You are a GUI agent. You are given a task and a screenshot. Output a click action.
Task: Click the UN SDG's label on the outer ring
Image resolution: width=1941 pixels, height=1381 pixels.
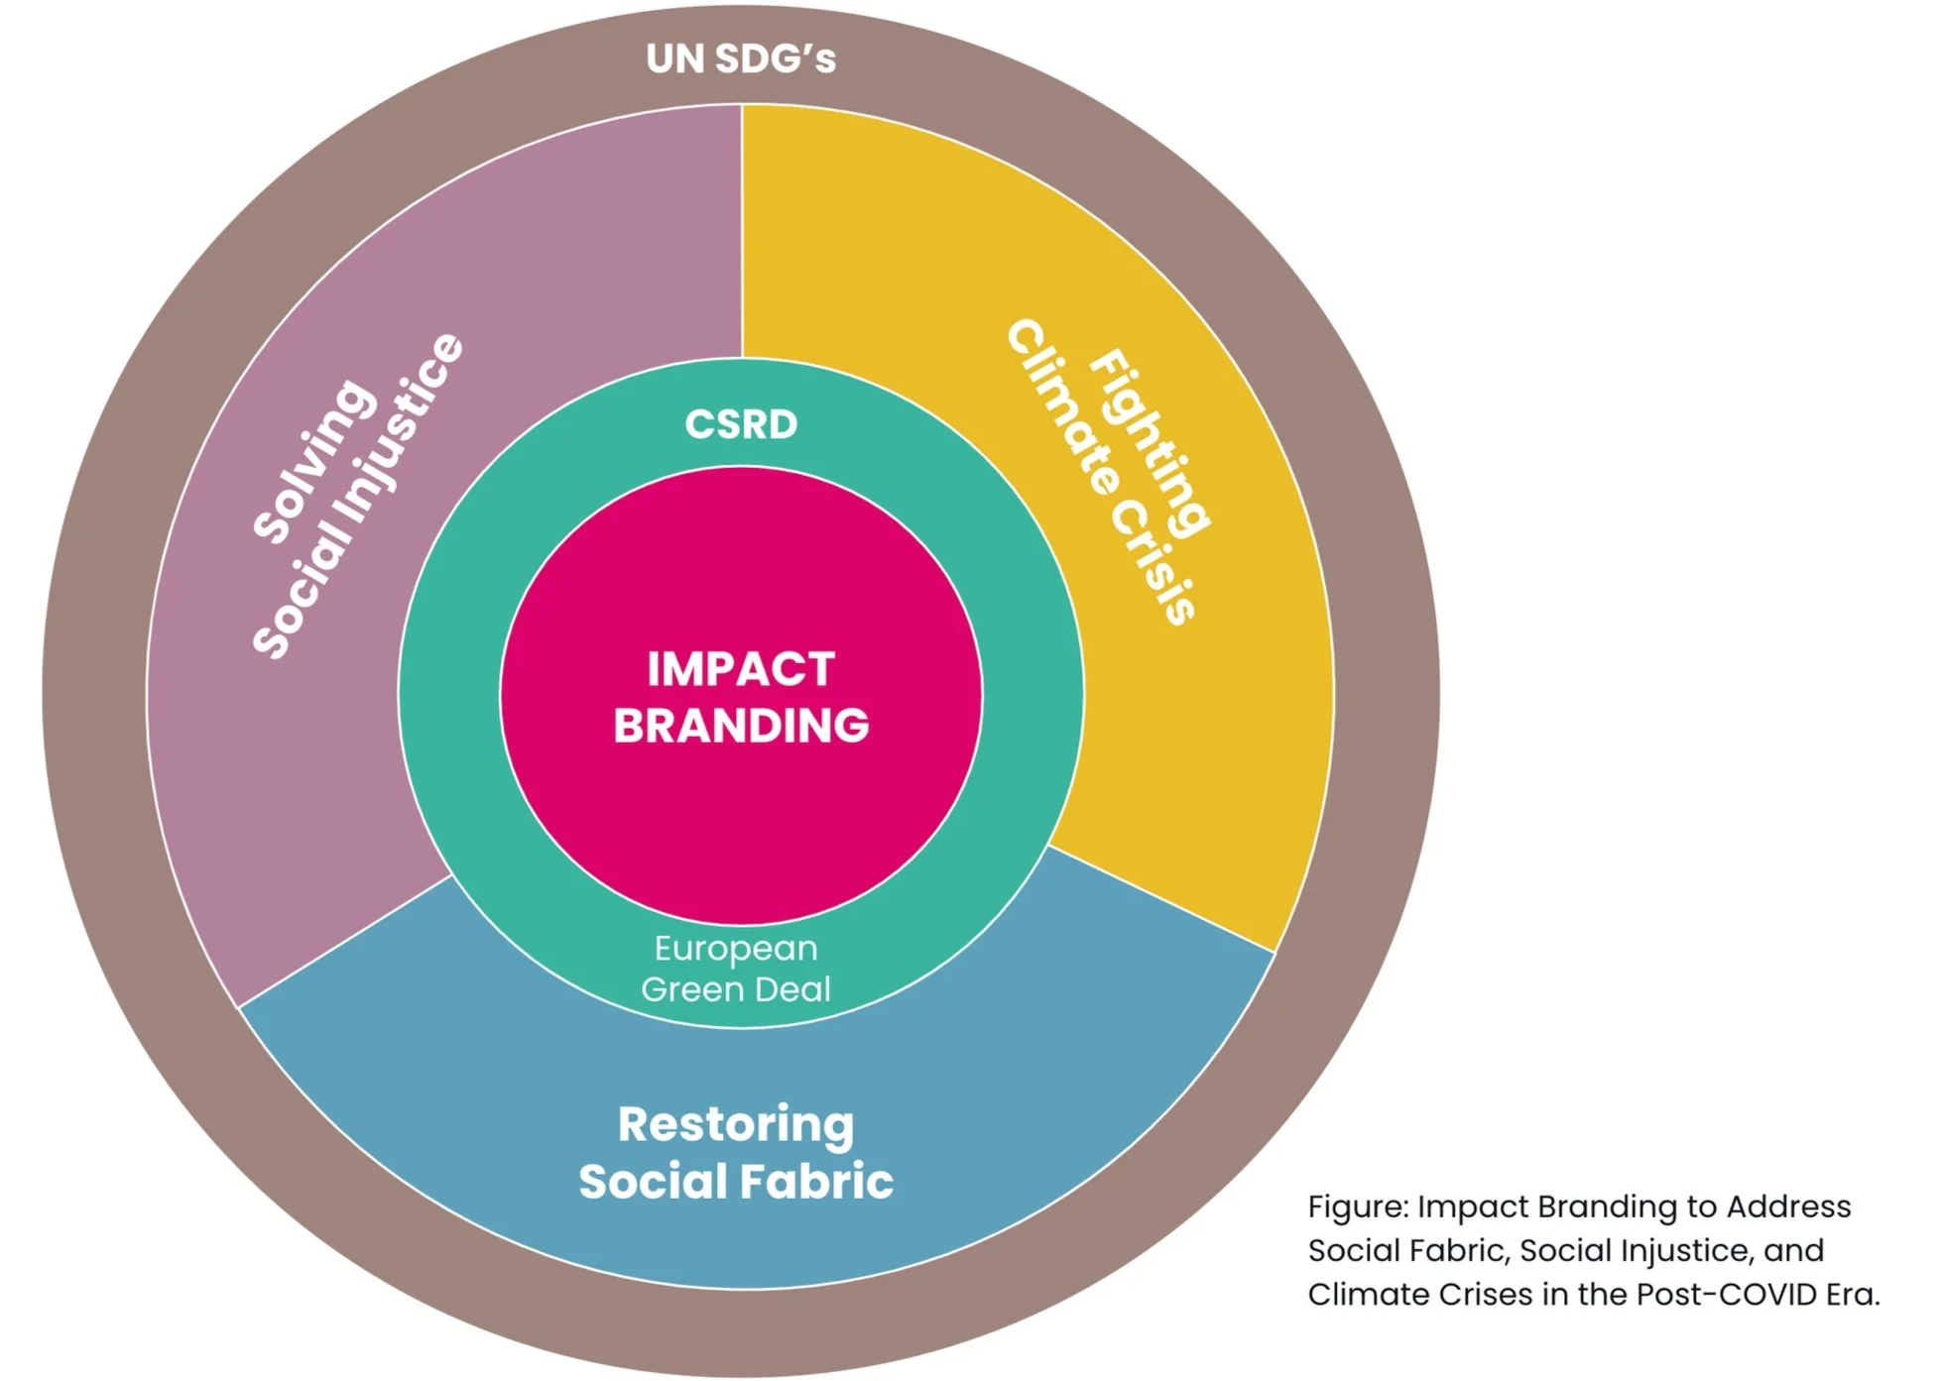point(741,58)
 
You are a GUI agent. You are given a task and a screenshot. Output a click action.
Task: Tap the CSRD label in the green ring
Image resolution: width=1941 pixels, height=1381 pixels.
point(741,424)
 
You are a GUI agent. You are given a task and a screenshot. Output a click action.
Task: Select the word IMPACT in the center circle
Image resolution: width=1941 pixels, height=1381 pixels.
point(741,669)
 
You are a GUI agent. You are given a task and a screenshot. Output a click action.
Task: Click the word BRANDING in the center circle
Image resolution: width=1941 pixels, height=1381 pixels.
point(741,726)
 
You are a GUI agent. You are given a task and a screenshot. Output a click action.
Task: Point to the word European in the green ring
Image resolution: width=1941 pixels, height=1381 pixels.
point(736,949)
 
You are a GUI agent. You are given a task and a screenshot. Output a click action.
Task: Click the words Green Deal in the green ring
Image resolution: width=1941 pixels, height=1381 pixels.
point(736,989)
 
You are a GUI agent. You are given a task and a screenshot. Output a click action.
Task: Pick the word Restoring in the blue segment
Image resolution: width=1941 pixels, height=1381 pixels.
point(736,1124)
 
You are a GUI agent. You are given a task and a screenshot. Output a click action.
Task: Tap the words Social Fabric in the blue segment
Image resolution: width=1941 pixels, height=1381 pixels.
point(736,1182)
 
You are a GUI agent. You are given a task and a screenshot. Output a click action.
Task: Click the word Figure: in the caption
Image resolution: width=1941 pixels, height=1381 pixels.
point(1358,1208)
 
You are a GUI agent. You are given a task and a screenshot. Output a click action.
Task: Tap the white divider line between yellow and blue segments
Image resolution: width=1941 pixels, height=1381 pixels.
point(1160,899)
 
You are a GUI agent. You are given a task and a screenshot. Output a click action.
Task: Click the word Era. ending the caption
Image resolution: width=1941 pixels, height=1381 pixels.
point(1852,1295)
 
